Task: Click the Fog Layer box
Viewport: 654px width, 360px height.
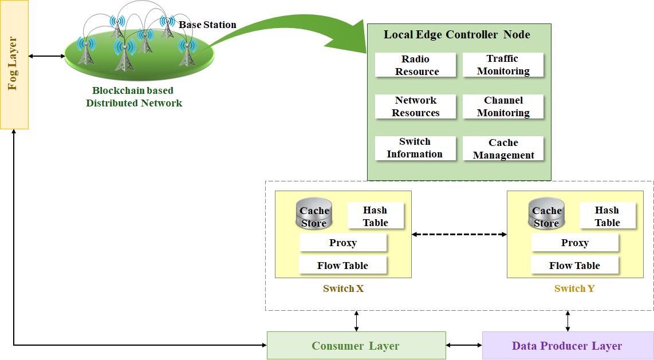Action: point(14,65)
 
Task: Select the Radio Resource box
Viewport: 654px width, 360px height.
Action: point(416,65)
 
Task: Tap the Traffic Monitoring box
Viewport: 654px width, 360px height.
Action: point(503,65)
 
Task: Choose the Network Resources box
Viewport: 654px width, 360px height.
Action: point(416,106)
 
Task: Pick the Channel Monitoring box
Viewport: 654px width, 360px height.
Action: point(503,106)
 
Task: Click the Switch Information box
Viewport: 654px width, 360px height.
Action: point(416,148)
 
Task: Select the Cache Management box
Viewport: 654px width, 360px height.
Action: point(503,149)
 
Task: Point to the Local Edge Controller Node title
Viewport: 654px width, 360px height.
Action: point(456,34)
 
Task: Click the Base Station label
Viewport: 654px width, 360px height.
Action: point(207,25)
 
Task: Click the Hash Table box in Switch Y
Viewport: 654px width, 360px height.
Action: point(607,216)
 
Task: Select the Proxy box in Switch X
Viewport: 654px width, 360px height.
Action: point(343,243)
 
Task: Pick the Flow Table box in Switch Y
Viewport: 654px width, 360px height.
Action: point(574,266)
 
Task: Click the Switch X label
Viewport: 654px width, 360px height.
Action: point(343,289)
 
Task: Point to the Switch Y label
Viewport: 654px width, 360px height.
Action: point(574,289)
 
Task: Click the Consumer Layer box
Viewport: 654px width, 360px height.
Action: point(356,346)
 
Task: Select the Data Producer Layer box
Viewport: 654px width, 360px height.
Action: point(567,346)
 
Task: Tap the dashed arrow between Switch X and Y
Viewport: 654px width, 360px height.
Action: point(459,234)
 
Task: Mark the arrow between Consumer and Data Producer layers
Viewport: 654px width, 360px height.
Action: point(464,345)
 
